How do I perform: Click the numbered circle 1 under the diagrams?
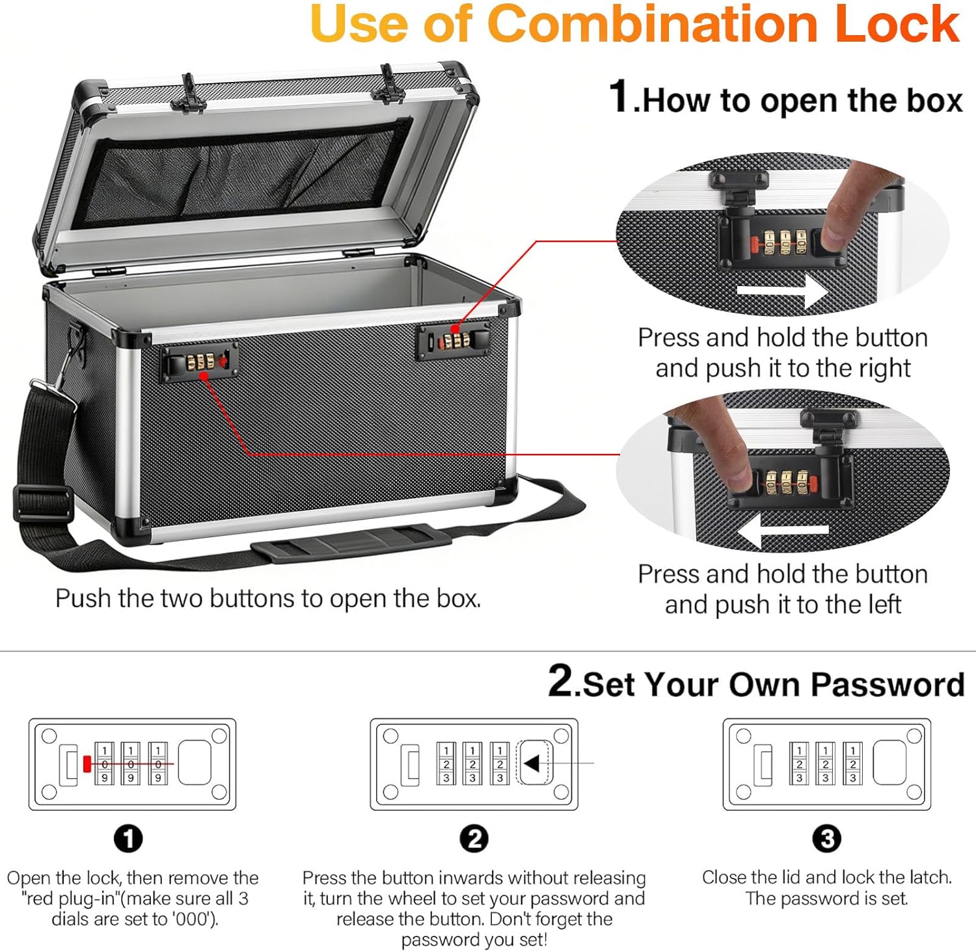click(x=128, y=839)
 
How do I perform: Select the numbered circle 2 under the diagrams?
click(x=474, y=839)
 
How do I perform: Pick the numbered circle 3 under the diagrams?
click(x=826, y=839)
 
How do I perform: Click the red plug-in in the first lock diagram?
click(x=87, y=763)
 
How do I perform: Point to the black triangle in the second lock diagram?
click(x=532, y=763)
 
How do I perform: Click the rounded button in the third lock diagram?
click(x=889, y=762)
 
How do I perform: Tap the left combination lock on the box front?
click(x=200, y=362)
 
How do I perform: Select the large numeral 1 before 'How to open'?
click(x=620, y=97)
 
